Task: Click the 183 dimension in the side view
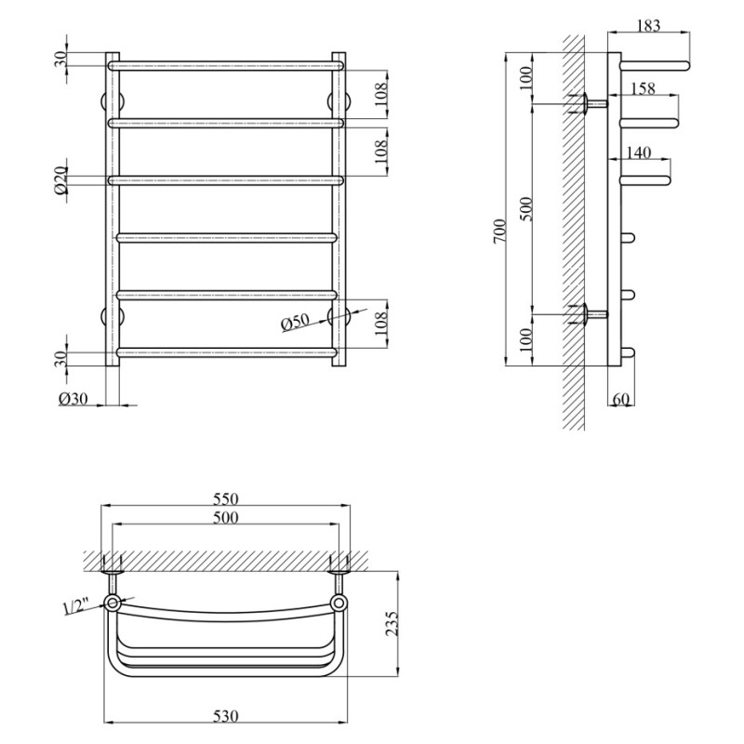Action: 649,26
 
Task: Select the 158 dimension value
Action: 643,89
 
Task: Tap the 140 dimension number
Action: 639,153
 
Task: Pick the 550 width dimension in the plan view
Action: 226,498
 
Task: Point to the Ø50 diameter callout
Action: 295,322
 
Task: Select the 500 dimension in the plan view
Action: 226,519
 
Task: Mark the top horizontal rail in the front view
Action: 226,66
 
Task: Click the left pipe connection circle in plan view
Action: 113,604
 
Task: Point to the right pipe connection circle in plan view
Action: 339,604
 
